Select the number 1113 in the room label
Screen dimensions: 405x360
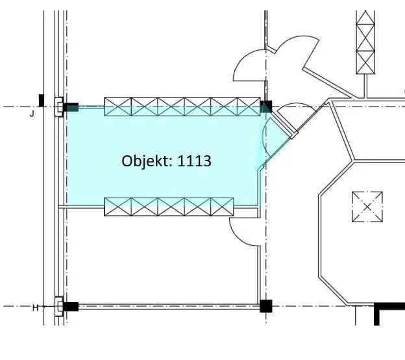click(x=195, y=161)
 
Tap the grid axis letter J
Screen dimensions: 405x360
click(x=32, y=114)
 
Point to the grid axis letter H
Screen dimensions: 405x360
click(x=36, y=308)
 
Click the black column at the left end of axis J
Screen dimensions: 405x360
click(x=71, y=107)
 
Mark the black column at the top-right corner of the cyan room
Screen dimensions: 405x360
click(x=266, y=107)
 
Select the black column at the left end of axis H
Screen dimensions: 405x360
click(x=71, y=307)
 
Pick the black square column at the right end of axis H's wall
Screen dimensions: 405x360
click(x=266, y=306)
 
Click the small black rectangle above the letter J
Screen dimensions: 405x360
click(x=42, y=100)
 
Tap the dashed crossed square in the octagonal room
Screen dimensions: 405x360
click(x=367, y=207)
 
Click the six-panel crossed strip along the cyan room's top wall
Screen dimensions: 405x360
click(x=182, y=107)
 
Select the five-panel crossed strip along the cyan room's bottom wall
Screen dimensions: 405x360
click(x=169, y=207)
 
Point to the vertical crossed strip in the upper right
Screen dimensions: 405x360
click(x=365, y=42)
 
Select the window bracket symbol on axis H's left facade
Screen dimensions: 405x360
click(x=59, y=307)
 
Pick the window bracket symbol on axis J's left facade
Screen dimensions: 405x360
click(x=59, y=107)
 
